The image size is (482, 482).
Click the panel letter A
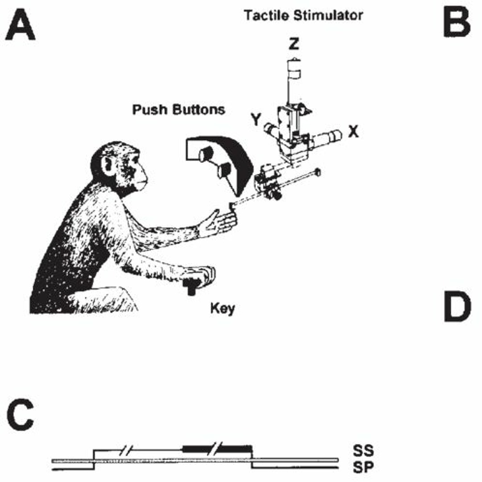[20, 26]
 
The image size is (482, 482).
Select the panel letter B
[457, 23]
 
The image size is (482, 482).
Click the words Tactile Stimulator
[303, 15]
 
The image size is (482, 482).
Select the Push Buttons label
[179, 110]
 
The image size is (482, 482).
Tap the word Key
[222, 308]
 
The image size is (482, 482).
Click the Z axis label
[294, 44]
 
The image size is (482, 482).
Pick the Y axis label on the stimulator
[255, 120]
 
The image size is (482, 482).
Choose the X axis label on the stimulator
[353, 132]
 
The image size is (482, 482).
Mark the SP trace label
[362, 466]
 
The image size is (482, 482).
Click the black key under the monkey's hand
[192, 285]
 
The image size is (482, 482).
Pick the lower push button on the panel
[224, 170]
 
